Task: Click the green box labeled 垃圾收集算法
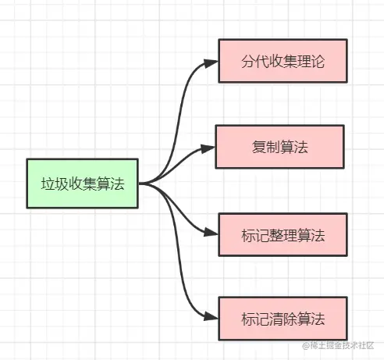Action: (x=83, y=184)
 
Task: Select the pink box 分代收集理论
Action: (x=282, y=59)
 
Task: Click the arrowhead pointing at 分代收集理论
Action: (x=213, y=60)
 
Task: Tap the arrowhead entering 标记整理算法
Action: (x=213, y=233)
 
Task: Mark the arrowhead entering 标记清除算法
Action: (x=213, y=319)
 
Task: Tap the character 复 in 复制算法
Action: (x=258, y=146)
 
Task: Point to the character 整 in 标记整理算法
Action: (x=274, y=233)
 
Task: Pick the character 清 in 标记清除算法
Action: (x=274, y=319)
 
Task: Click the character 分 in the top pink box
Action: (x=243, y=60)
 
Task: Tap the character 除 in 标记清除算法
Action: (x=290, y=319)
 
